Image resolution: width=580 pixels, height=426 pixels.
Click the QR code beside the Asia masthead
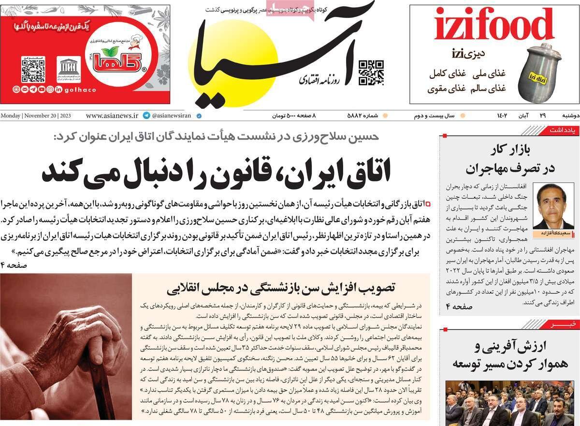(371, 73)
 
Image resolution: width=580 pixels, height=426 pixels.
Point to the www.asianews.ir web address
(112, 116)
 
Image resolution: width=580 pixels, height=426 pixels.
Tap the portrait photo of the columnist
(552, 206)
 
